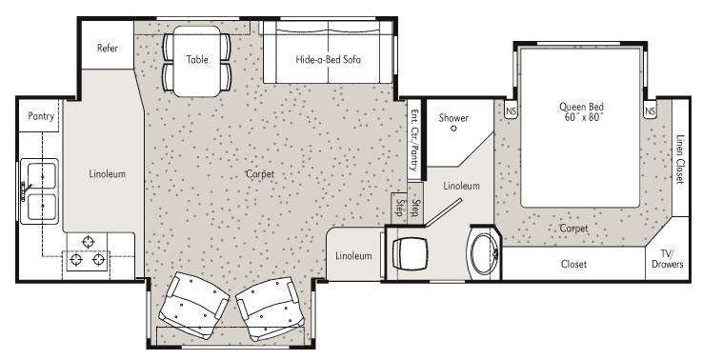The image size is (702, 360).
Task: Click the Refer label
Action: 108,48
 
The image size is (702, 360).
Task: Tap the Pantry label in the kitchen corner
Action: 41,116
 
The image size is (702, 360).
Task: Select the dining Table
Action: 197,61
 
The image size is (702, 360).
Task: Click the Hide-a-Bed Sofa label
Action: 329,59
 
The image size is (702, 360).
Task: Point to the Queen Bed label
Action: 581,112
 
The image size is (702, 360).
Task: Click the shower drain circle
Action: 453,129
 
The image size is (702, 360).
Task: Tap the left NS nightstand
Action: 511,110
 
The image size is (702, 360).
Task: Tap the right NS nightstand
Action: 650,110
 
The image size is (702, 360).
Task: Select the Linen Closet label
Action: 680,159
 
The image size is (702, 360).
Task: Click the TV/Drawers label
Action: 667,259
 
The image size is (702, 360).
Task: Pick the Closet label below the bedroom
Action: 573,264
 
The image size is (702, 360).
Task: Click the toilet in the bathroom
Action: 411,253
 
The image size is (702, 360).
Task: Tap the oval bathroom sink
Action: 483,253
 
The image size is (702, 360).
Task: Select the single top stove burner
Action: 89,242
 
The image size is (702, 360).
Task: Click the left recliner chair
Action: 193,305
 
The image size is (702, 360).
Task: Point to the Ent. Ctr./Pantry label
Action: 414,140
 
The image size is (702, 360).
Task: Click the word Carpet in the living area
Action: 260,174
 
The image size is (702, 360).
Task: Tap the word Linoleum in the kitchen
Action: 107,173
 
